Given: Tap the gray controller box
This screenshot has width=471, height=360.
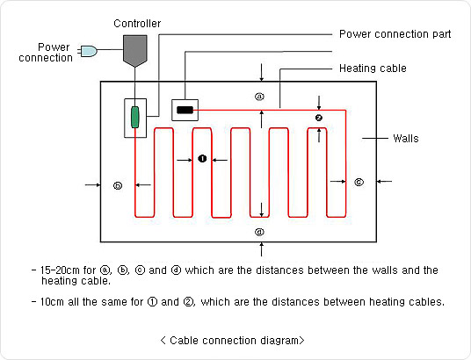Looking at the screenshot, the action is pyautogui.click(x=135, y=50).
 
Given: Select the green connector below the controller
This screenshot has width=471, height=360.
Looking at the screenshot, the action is pyautogui.click(x=135, y=117).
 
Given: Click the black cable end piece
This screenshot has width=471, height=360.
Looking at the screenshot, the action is pyautogui.click(x=185, y=110).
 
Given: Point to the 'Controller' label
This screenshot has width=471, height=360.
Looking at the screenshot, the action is pyautogui.click(x=137, y=24).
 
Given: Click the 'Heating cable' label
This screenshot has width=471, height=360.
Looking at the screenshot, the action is pyautogui.click(x=373, y=68).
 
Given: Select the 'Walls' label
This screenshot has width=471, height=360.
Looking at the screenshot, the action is pyautogui.click(x=406, y=139).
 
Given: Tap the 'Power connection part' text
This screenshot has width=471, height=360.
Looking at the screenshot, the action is pyautogui.click(x=395, y=34).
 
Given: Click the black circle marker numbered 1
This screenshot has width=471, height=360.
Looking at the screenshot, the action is pyautogui.click(x=202, y=158).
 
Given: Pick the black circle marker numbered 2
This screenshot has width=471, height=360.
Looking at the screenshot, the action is pyautogui.click(x=319, y=118).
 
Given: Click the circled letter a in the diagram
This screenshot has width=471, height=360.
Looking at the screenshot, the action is pyautogui.click(x=259, y=97).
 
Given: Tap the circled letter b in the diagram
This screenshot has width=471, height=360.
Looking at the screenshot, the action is pyautogui.click(x=118, y=185).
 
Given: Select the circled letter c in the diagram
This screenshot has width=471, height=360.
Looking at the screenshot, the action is pyautogui.click(x=359, y=182).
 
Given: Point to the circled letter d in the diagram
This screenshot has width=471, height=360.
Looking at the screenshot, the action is pyautogui.click(x=259, y=232).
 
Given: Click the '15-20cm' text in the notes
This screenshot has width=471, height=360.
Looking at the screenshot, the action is pyautogui.click(x=60, y=270).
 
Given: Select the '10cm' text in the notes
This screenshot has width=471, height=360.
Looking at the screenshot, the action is pyautogui.click(x=52, y=302).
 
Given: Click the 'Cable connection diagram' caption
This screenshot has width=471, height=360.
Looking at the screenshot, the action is pyautogui.click(x=233, y=341).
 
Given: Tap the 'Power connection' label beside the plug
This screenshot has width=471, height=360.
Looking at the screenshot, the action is pyautogui.click(x=46, y=52).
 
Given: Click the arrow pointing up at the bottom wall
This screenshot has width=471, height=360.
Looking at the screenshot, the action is pyautogui.click(x=261, y=249).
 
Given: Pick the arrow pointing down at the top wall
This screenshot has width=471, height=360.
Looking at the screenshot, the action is pyautogui.click(x=261, y=72).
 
